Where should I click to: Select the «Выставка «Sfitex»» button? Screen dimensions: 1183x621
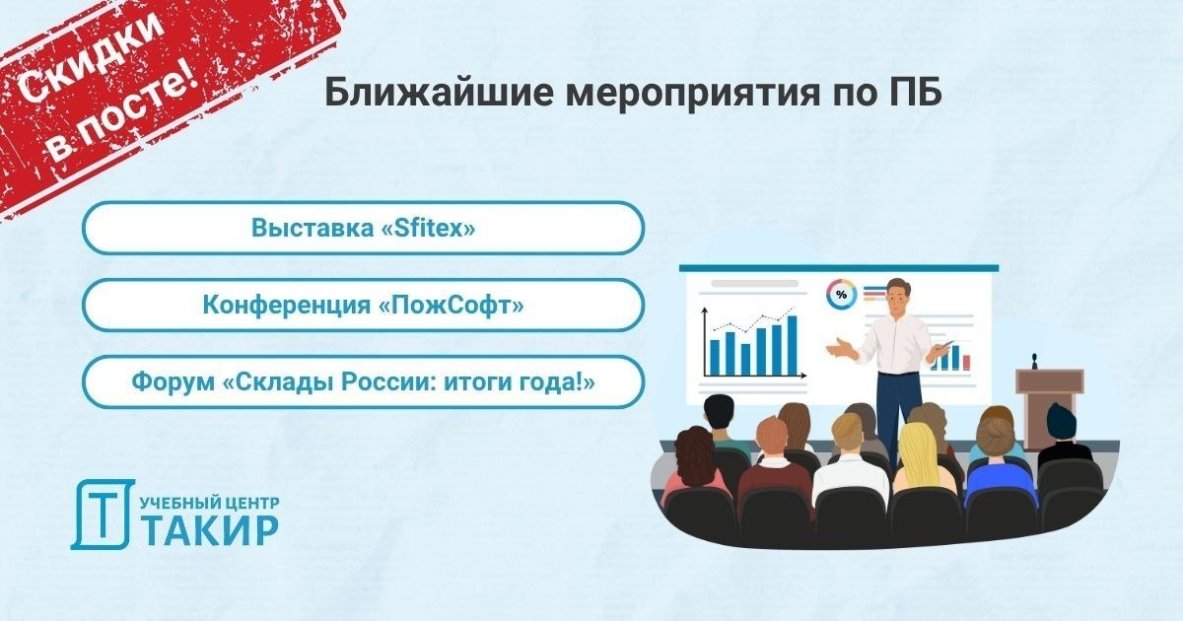364,228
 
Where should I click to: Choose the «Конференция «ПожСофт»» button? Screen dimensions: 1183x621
364,306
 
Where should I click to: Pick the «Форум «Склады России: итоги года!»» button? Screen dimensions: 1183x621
364,381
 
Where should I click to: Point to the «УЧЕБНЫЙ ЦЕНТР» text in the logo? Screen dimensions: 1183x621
210,503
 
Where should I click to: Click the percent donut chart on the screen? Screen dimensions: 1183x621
841,295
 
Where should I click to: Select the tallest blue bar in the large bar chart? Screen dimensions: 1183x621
792,345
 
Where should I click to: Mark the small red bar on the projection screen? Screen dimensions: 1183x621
966,363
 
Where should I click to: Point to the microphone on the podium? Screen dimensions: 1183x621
1034,361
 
